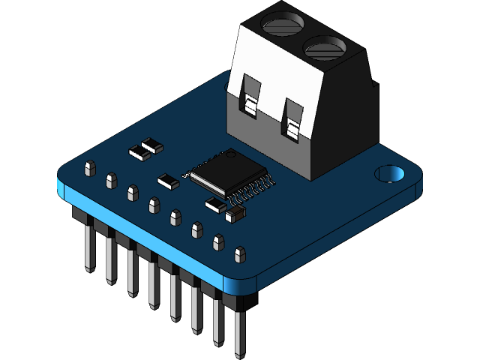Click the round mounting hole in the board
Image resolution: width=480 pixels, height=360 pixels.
[389, 174]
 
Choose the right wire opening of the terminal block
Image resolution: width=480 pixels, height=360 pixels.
[294, 127]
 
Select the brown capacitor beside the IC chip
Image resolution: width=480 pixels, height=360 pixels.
[235, 215]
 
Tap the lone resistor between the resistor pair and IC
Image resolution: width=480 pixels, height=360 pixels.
[168, 180]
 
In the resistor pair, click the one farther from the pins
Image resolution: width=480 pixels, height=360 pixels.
[153, 144]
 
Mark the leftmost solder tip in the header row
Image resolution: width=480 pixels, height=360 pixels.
[90, 167]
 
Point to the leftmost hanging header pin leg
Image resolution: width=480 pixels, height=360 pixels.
[89, 247]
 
